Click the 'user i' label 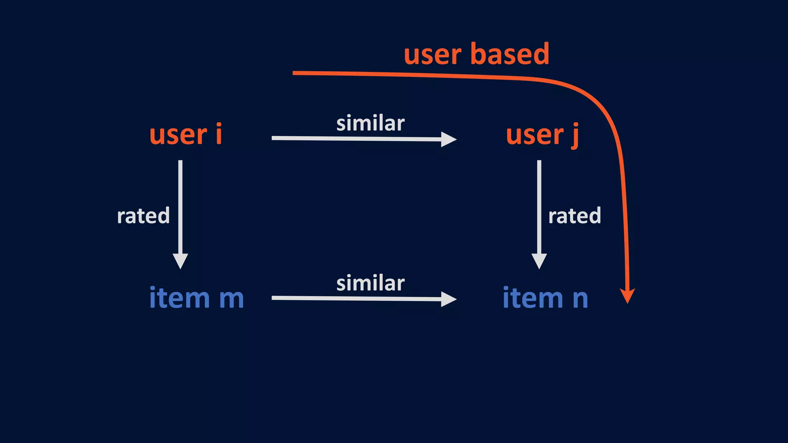click(x=185, y=135)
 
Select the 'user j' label click(x=542, y=135)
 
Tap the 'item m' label click(x=196, y=298)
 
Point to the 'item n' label click(x=545, y=298)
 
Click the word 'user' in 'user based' click(x=432, y=55)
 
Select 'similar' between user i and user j click(x=370, y=123)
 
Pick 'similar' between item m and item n click(x=370, y=283)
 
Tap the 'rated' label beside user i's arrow click(x=143, y=216)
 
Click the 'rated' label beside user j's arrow click(x=574, y=216)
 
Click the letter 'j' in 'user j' click(x=574, y=136)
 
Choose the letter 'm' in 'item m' click(x=231, y=299)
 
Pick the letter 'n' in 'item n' click(x=580, y=299)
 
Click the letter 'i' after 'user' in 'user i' click(x=219, y=134)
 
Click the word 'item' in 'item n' click(x=533, y=298)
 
